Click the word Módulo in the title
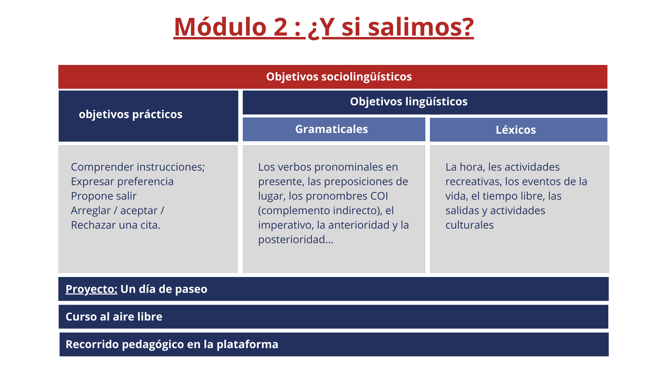tap(220, 27)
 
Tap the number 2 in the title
tap(280, 27)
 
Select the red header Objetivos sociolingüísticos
tap(339, 77)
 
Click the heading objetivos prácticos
tap(130, 114)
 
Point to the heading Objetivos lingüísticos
tap(409, 102)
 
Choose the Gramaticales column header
tap(331, 129)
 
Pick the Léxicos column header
tap(516, 130)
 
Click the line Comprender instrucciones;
tap(138, 167)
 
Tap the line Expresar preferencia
tap(122, 182)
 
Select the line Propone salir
tap(104, 196)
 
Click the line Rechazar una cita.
tap(116, 225)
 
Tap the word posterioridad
tap(296, 240)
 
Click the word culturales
tap(469, 225)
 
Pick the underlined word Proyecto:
tap(91, 289)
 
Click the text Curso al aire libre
tap(114, 317)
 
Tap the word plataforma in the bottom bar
tap(247, 344)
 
